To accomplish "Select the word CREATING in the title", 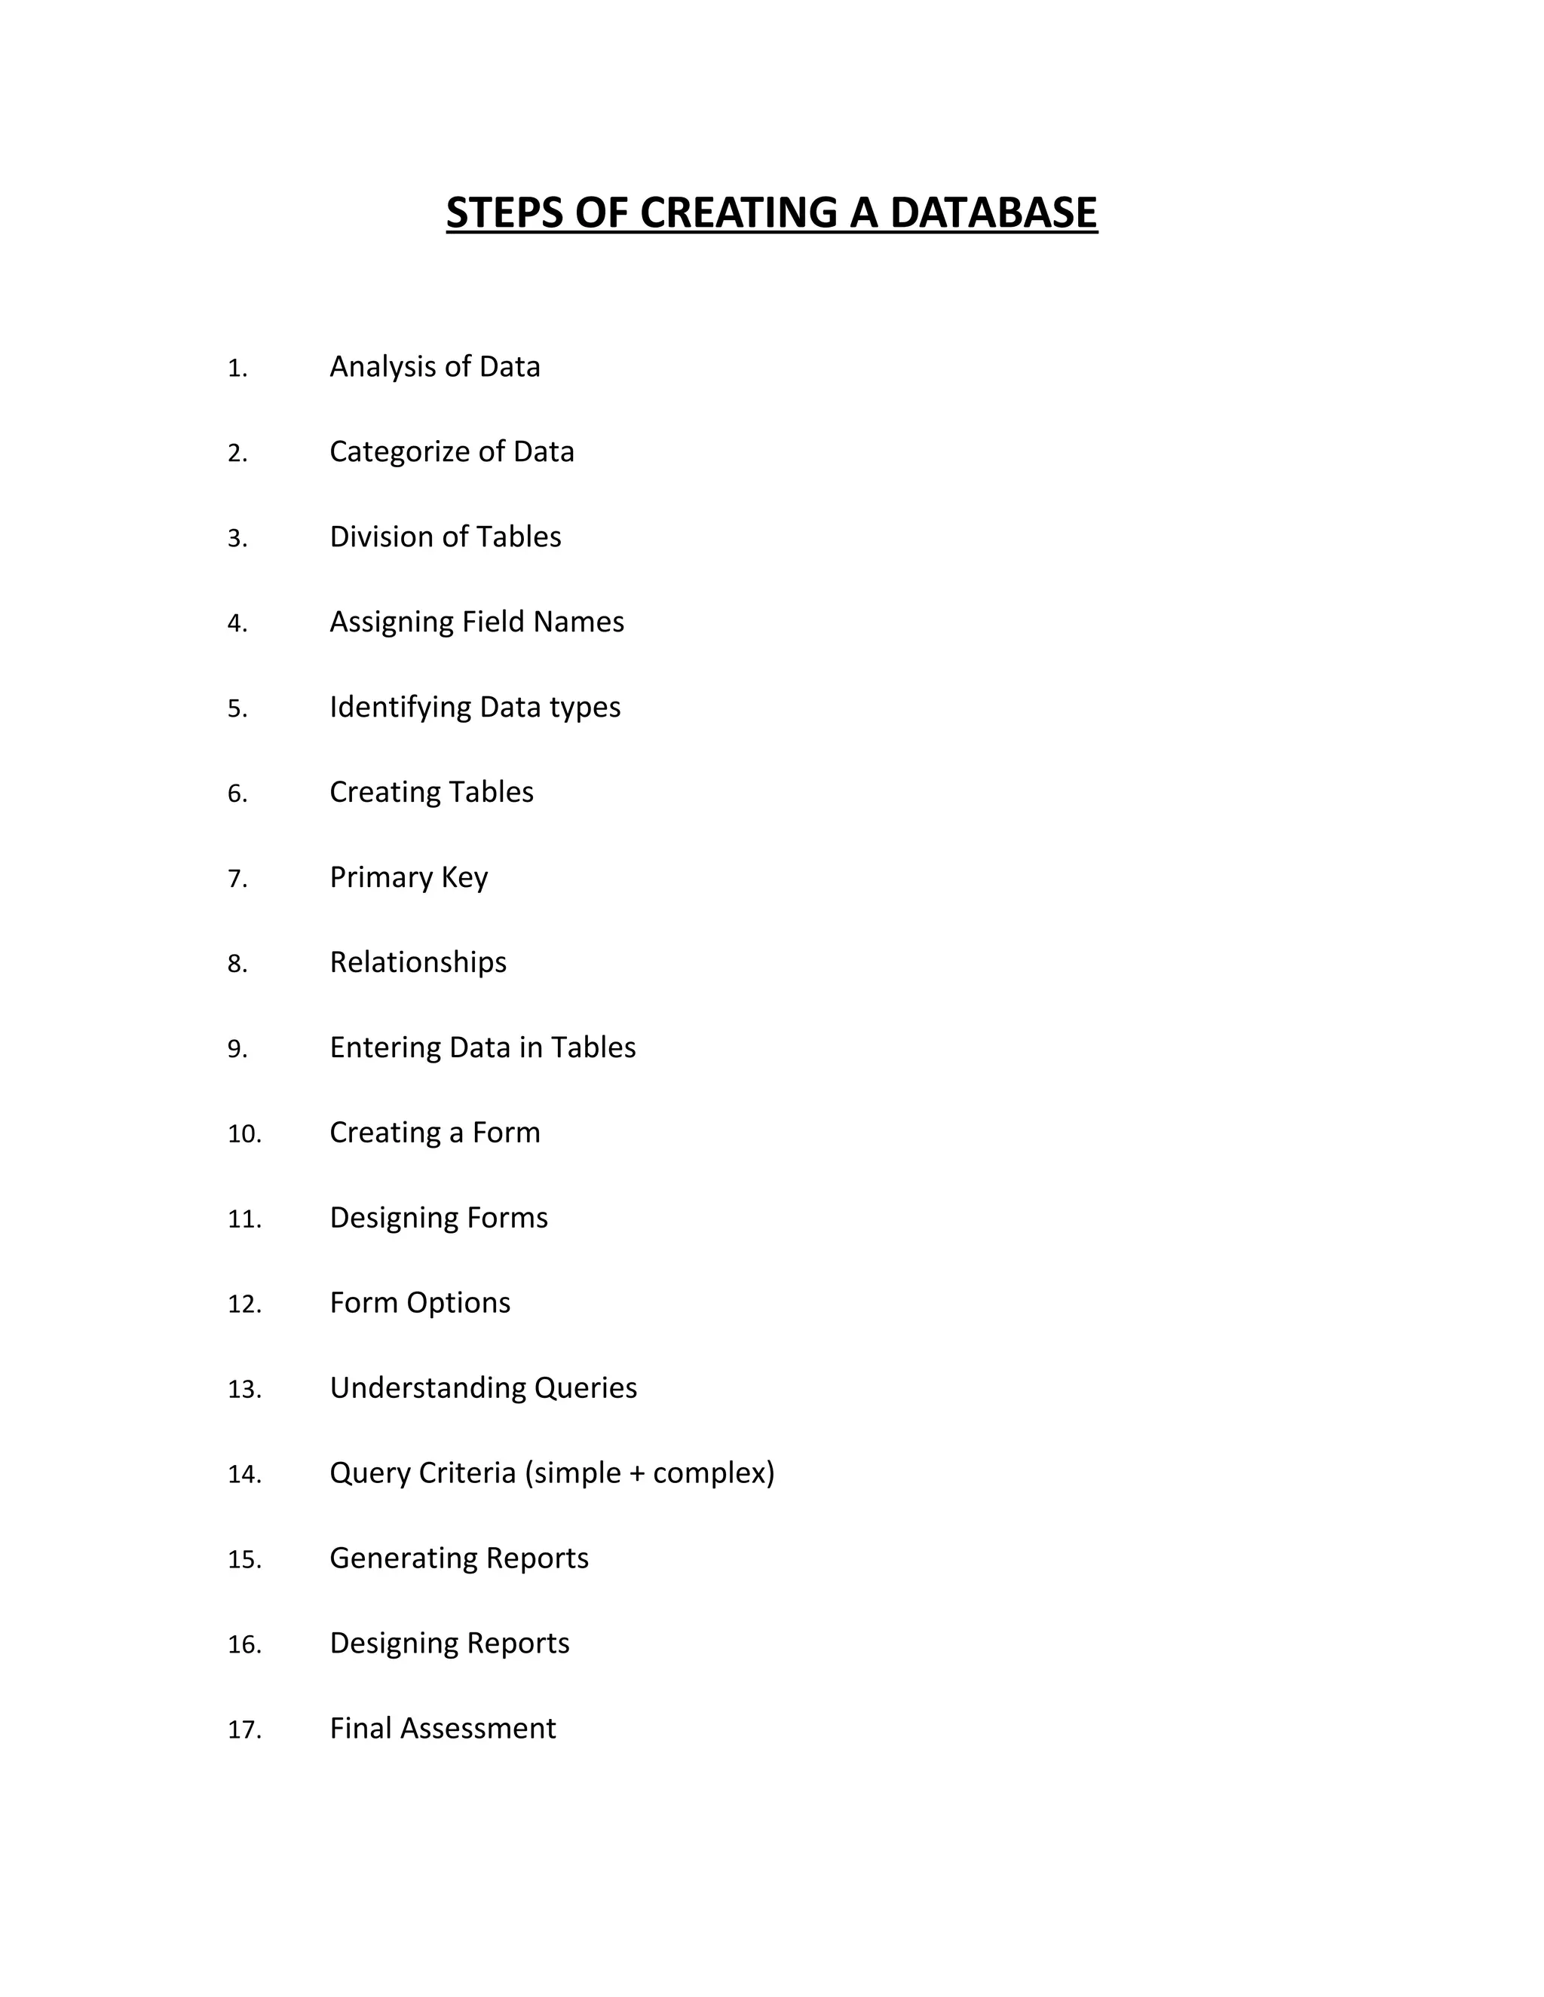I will (x=738, y=213).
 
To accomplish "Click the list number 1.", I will (x=237, y=369).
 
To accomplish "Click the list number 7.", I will (x=237, y=879).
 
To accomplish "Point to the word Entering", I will (x=385, y=1048).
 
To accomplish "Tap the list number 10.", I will (x=244, y=1134).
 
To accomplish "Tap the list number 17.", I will (x=244, y=1730).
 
